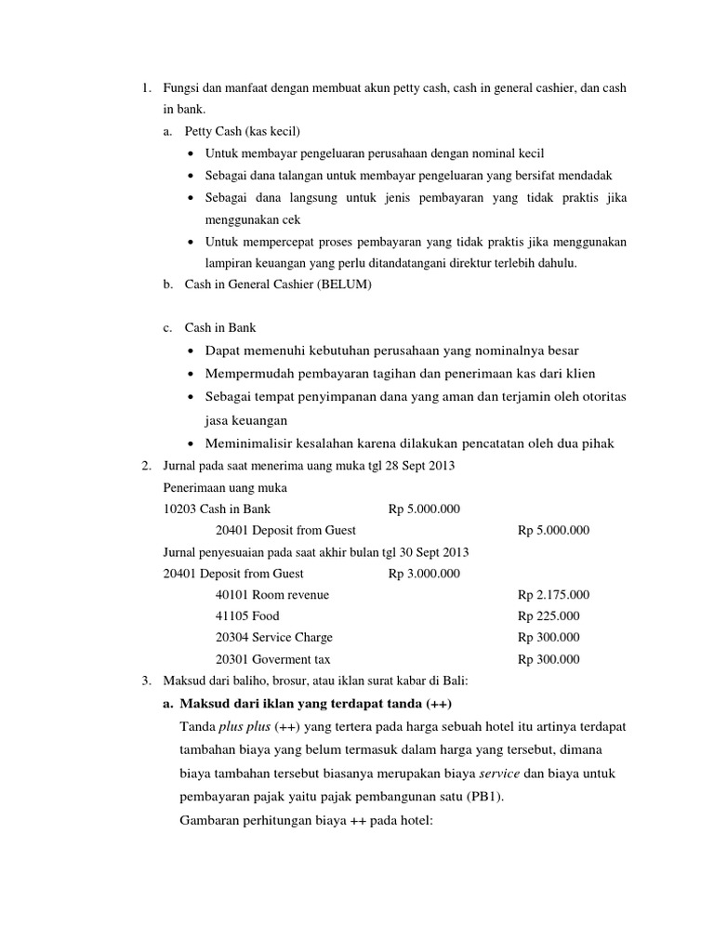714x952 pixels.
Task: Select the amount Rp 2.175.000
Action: pos(553,595)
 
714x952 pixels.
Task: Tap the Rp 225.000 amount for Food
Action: pos(549,616)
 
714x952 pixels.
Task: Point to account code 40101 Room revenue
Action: pos(271,595)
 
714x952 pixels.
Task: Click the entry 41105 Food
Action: pos(246,616)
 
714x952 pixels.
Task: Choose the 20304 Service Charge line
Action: pos(273,638)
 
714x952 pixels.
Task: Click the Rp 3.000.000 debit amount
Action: pos(424,574)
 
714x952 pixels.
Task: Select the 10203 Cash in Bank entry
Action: pos(217,509)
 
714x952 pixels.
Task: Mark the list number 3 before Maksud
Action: pos(147,681)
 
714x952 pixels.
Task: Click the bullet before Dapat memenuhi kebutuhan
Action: pos(191,351)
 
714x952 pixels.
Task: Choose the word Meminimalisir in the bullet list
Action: pos(247,443)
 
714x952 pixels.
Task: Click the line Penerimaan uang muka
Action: pos(225,487)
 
